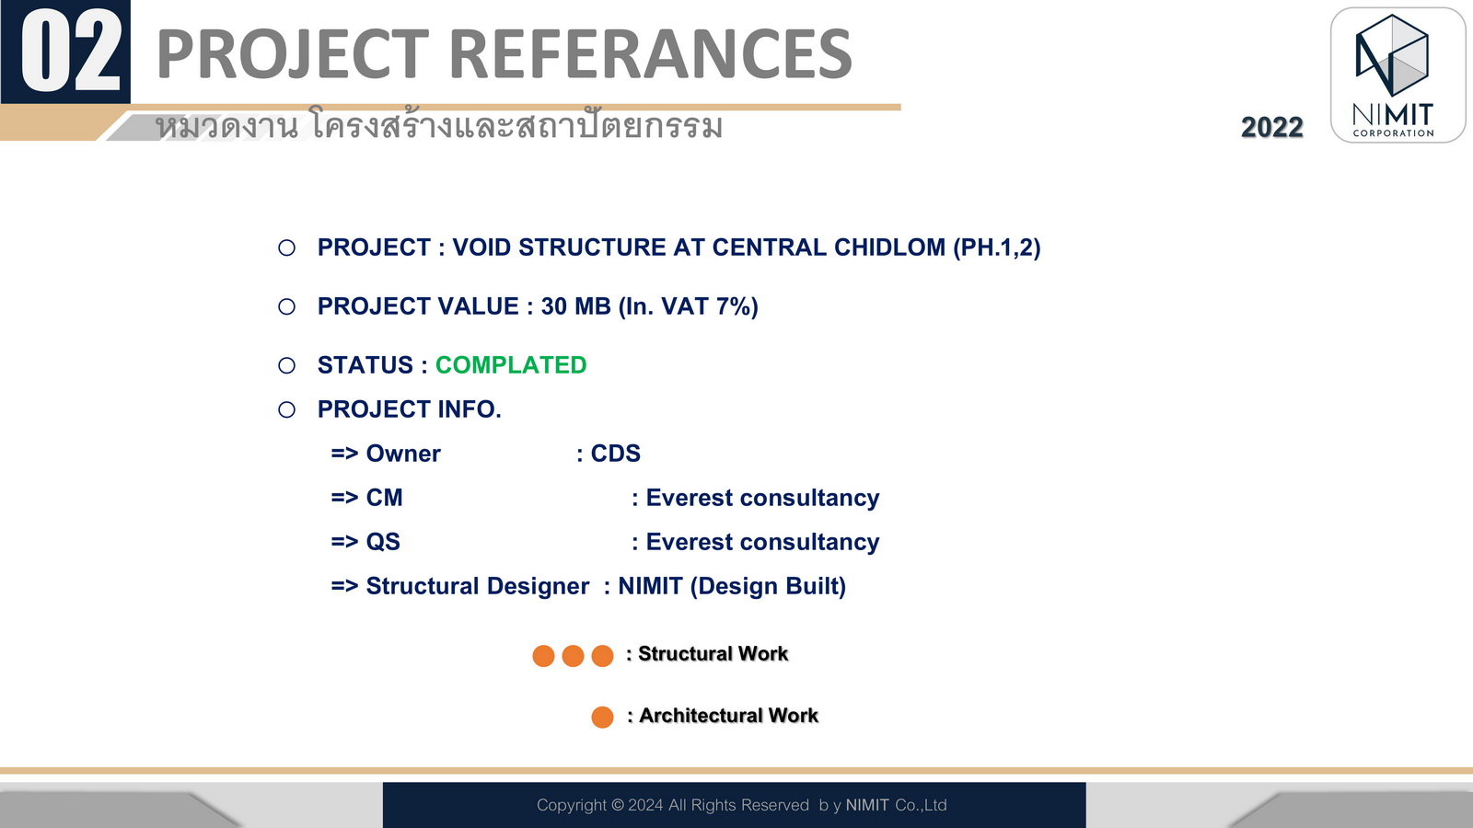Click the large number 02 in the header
point(71,52)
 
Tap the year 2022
point(1271,128)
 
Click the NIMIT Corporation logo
point(1398,75)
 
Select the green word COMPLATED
point(511,365)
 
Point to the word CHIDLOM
point(889,247)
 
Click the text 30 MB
point(576,307)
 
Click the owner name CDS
point(616,454)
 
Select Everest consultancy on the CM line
point(763,498)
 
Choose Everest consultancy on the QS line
point(763,542)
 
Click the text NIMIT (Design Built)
point(732,586)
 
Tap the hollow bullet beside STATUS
point(286,365)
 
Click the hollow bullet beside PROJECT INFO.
point(286,410)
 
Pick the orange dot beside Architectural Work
point(602,717)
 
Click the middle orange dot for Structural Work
point(573,656)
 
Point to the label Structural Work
point(713,654)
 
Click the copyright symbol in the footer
point(618,805)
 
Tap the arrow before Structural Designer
point(344,586)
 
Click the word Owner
point(403,454)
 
